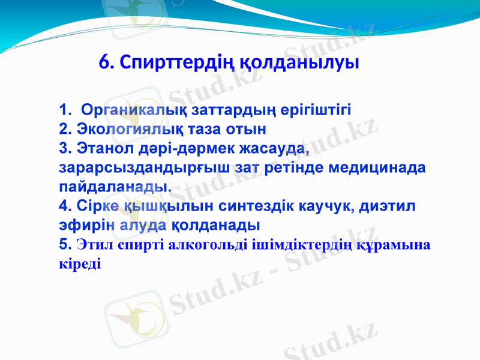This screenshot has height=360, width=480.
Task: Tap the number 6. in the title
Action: (x=106, y=62)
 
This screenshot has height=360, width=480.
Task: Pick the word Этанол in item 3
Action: (x=101, y=148)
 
